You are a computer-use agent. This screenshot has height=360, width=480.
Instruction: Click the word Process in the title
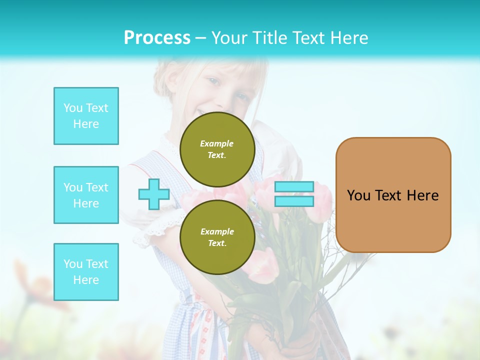pos(157,38)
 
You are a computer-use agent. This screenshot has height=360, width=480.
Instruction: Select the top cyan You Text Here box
pos(86,116)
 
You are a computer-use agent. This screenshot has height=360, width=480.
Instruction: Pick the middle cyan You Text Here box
pos(86,195)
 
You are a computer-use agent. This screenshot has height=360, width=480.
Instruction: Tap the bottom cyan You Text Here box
pos(86,272)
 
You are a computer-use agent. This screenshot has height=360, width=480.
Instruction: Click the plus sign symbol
pos(153,194)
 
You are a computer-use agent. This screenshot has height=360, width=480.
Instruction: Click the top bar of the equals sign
pos(294,187)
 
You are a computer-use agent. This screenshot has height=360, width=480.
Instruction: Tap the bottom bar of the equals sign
pos(294,201)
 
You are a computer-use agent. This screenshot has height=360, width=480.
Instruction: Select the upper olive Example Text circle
pos(217,149)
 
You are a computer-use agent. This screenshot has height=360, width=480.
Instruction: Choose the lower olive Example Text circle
pos(217,237)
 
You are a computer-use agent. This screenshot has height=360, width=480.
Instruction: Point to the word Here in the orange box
pos(422,195)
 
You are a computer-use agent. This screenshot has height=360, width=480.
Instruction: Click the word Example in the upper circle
pos(217,143)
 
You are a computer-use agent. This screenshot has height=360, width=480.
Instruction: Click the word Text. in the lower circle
pos(217,243)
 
